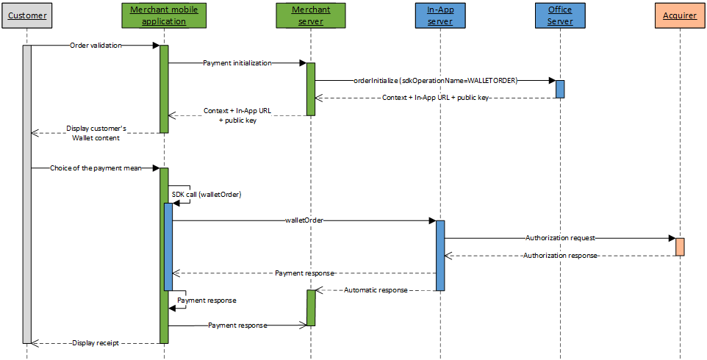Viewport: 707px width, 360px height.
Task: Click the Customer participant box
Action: coord(27,15)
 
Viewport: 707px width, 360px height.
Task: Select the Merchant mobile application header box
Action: coord(164,15)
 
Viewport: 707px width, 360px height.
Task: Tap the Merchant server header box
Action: coord(311,15)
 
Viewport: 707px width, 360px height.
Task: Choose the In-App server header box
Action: coord(439,15)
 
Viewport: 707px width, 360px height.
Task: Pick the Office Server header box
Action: coord(560,15)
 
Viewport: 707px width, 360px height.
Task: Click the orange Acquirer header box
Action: coord(680,15)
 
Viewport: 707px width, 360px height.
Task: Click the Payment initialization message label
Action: coord(237,63)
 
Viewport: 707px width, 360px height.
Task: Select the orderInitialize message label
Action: coord(435,81)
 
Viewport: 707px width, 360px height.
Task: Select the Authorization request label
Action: coord(560,238)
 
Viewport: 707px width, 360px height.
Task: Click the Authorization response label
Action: coord(560,256)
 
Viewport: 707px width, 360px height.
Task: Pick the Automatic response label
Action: coord(375,290)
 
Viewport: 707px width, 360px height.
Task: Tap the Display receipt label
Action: coord(96,342)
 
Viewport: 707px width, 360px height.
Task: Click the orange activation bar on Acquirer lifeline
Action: coord(680,247)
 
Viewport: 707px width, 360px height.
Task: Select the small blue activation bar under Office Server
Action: coord(560,89)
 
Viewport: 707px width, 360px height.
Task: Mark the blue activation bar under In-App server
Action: coord(440,255)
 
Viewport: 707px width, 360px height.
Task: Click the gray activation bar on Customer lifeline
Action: coord(27,194)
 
